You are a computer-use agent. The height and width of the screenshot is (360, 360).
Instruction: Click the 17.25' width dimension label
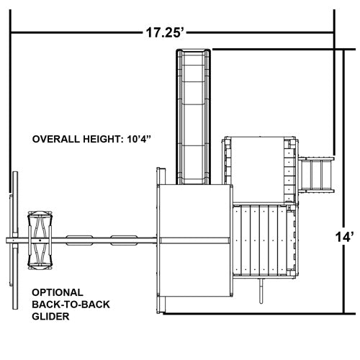click(x=165, y=32)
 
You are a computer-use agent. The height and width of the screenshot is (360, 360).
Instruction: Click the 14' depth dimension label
click(x=344, y=237)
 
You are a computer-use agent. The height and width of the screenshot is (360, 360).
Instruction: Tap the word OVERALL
click(x=56, y=139)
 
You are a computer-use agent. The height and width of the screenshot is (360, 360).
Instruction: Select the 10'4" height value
click(x=140, y=139)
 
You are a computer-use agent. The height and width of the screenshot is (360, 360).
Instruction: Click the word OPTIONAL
click(x=58, y=292)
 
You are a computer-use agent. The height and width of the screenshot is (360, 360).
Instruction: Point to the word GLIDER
click(x=50, y=316)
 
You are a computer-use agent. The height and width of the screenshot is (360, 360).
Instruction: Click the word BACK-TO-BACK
click(x=71, y=305)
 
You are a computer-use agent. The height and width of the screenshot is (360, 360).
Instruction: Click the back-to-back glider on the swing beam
click(x=40, y=240)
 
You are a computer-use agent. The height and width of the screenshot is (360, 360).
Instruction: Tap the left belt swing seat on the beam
click(x=79, y=240)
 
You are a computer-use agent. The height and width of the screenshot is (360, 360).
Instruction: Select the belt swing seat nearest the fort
click(x=124, y=240)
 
